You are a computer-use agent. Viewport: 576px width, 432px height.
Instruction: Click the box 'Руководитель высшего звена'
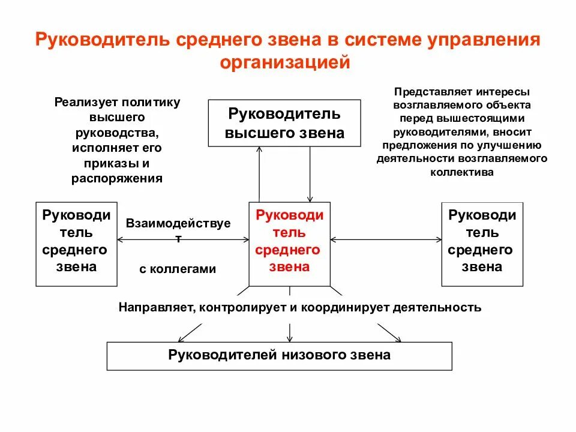coord(284,123)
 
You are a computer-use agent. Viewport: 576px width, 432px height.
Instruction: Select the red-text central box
coord(289,243)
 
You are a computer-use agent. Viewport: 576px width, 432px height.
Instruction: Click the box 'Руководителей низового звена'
coord(279,355)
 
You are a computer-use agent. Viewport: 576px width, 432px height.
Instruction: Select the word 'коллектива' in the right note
coord(461,172)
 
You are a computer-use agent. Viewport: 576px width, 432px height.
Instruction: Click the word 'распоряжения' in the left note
coord(117,178)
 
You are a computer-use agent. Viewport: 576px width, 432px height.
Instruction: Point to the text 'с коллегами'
coord(177,269)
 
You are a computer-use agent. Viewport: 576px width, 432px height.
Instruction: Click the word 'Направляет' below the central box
coord(155,308)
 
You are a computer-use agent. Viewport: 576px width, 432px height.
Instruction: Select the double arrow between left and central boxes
coord(183,240)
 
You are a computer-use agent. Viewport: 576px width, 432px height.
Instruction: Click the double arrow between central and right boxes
coord(385,240)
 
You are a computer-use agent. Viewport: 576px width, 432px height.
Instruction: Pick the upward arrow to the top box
coord(259,174)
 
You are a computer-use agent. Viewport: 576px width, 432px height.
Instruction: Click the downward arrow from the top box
coord(310,174)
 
